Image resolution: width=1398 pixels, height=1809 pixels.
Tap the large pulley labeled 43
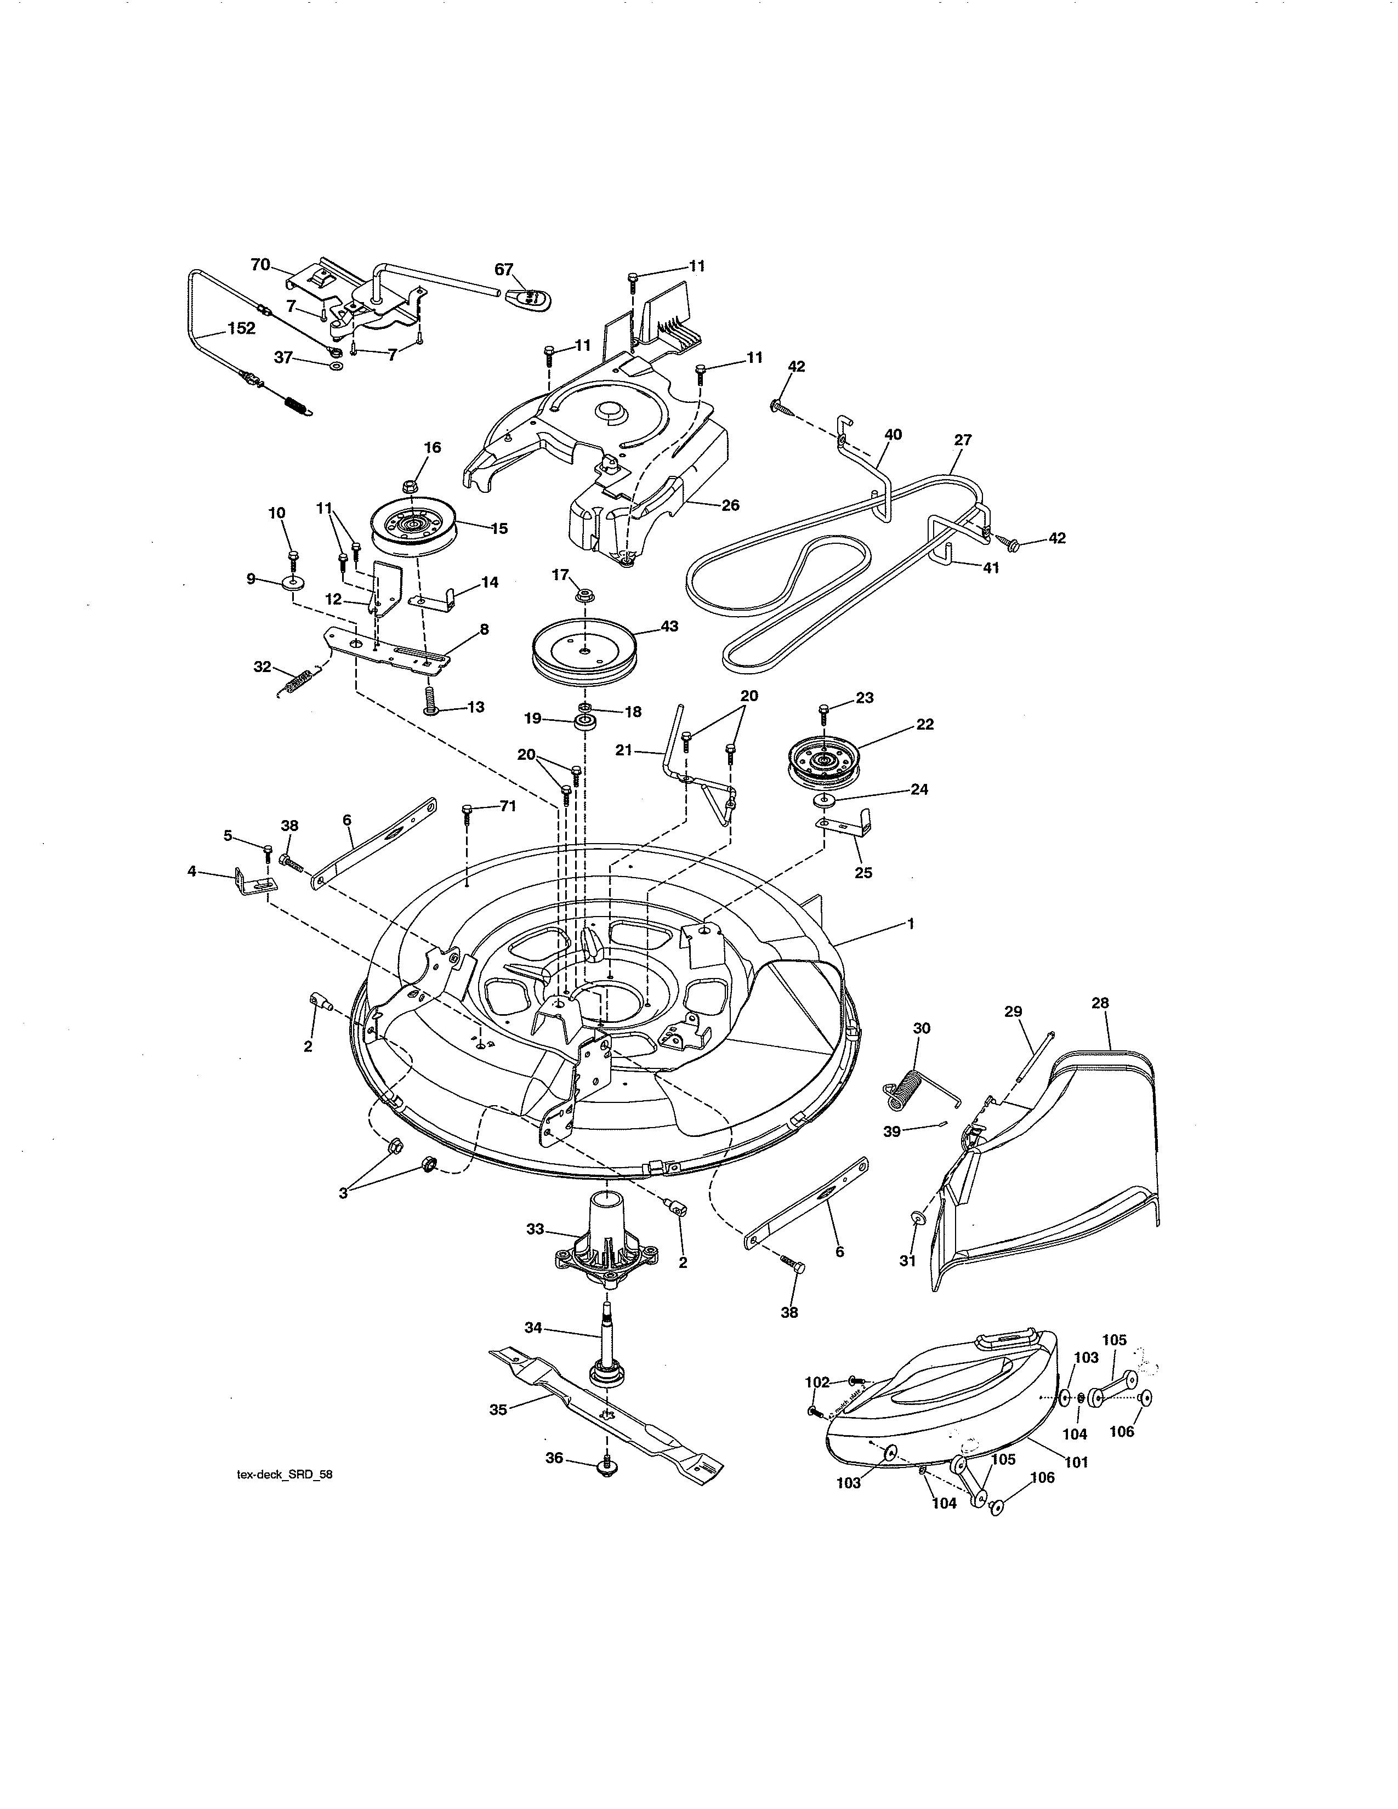click(x=585, y=651)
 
